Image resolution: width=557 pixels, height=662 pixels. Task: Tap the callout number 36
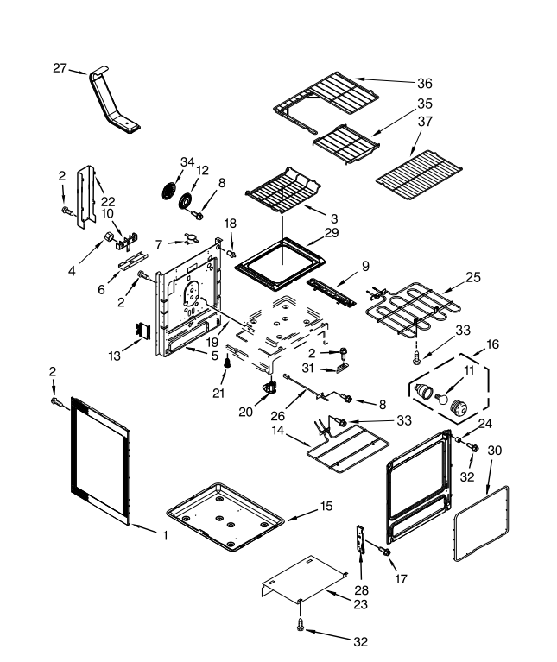click(424, 84)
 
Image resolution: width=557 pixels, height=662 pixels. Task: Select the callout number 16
click(493, 343)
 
